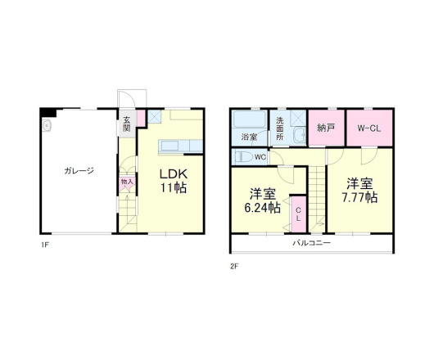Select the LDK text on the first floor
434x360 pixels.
click(173, 174)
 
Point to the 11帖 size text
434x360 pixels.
click(173, 188)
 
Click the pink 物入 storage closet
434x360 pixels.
click(126, 181)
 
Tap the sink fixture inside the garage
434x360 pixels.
click(46, 126)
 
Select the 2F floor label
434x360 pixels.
click(234, 265)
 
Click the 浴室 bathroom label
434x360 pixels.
click(249, 137)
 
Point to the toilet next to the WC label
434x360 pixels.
click(243, 155)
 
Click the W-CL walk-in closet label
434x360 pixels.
click(366, 128)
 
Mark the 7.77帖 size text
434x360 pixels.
click(359, 197)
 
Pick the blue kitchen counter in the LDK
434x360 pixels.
click(174, 147)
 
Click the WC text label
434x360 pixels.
click(260, 156)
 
